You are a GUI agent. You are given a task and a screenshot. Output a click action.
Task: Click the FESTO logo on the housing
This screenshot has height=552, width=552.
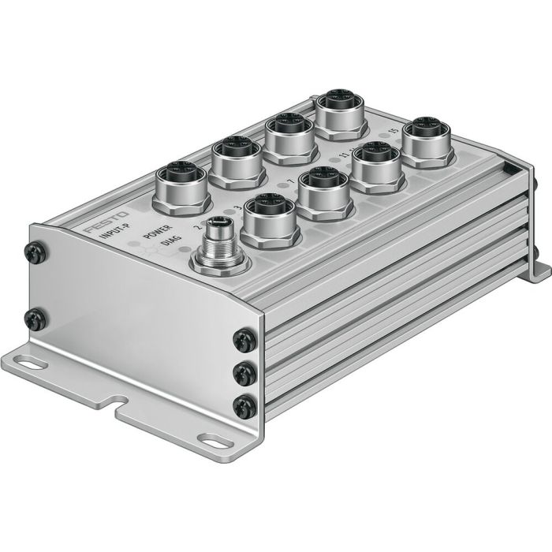(x=99, y=230)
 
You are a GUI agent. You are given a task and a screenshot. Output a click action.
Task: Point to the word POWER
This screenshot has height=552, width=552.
(x=157, y=234)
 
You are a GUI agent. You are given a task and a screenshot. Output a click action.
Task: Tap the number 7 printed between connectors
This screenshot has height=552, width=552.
(x=292, y=182)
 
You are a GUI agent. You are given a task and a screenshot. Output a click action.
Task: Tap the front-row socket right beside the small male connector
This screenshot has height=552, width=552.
(x=267, y=218)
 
